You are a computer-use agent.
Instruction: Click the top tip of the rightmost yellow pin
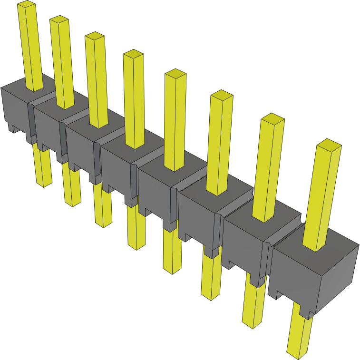click(329, 145)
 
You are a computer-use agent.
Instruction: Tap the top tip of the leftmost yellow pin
click(27, 4)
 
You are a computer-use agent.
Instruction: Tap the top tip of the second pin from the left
click(59, 19)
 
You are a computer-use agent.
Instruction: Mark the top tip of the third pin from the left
click(95, 36)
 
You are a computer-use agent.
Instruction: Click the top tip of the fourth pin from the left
click(133, 53)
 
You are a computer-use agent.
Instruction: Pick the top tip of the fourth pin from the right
click(175, 73)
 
